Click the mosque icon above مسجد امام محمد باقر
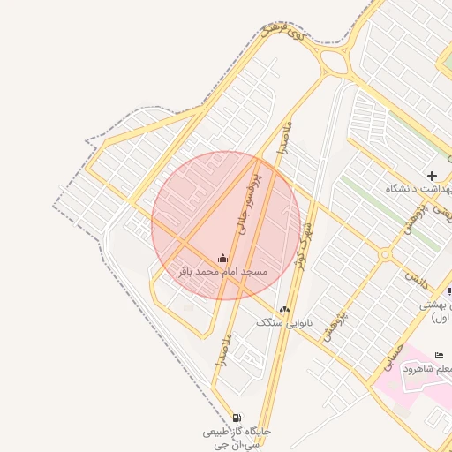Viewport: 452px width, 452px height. (x=222, y=259)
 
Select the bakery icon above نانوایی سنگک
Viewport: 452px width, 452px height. (x=284, y=310)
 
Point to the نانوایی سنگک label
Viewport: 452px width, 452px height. (x=284, y=322)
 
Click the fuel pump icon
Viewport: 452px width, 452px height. (x=236, y=418)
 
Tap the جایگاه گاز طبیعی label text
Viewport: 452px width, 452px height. (x=237, y=432)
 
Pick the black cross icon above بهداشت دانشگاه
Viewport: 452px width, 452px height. (x=432, y=176)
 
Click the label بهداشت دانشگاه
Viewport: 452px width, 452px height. (x=418, y=189)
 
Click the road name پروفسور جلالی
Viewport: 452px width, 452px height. (x=249, y=202)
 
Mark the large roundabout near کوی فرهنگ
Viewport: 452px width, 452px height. (x=335, y=62)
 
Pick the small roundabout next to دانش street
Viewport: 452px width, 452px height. (x=385, y=255)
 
